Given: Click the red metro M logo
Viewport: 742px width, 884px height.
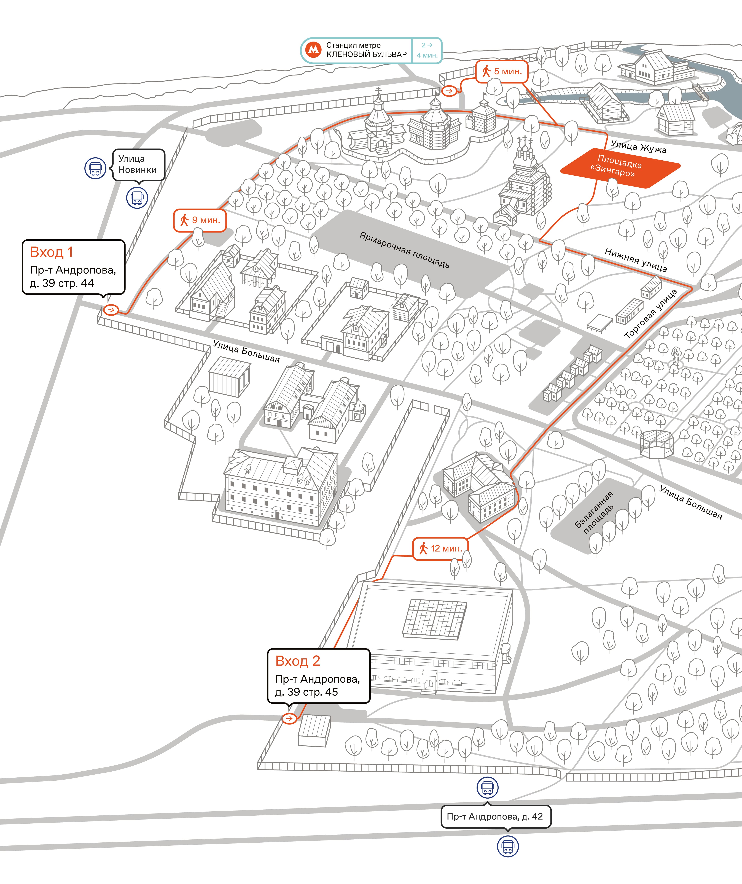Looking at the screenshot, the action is tap(313, 50).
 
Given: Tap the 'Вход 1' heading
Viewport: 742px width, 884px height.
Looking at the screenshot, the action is tap(51, 252).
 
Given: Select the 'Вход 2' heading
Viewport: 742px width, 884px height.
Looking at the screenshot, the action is tap(298, 661).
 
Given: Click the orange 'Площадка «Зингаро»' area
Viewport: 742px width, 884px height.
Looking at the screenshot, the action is tap(620, 168).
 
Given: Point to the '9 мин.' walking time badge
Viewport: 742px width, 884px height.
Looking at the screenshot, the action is tap(200, 220).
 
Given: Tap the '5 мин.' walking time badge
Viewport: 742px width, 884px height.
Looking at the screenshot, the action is tap(502, 72).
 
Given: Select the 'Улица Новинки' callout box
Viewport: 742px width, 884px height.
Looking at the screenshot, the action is tap(138, 165).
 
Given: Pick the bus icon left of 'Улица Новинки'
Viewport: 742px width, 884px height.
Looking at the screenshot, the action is tap(95, 168).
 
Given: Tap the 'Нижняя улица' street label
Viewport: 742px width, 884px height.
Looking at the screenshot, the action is tap(636, 259).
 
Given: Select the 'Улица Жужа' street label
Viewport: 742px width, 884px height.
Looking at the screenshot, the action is tap(638, 147).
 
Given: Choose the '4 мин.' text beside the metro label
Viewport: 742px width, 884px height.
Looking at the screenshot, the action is tap(427, 55).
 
